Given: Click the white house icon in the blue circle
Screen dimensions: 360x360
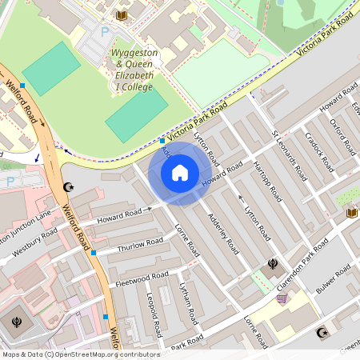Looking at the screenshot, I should coord(180,172).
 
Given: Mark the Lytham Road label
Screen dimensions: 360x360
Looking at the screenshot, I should coord(188,303).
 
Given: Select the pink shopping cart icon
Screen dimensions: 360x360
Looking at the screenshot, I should coord(282,298).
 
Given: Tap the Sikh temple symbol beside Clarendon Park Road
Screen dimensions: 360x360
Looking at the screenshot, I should coord(274,263).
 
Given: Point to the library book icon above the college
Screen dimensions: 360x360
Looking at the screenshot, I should coord(122,15).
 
